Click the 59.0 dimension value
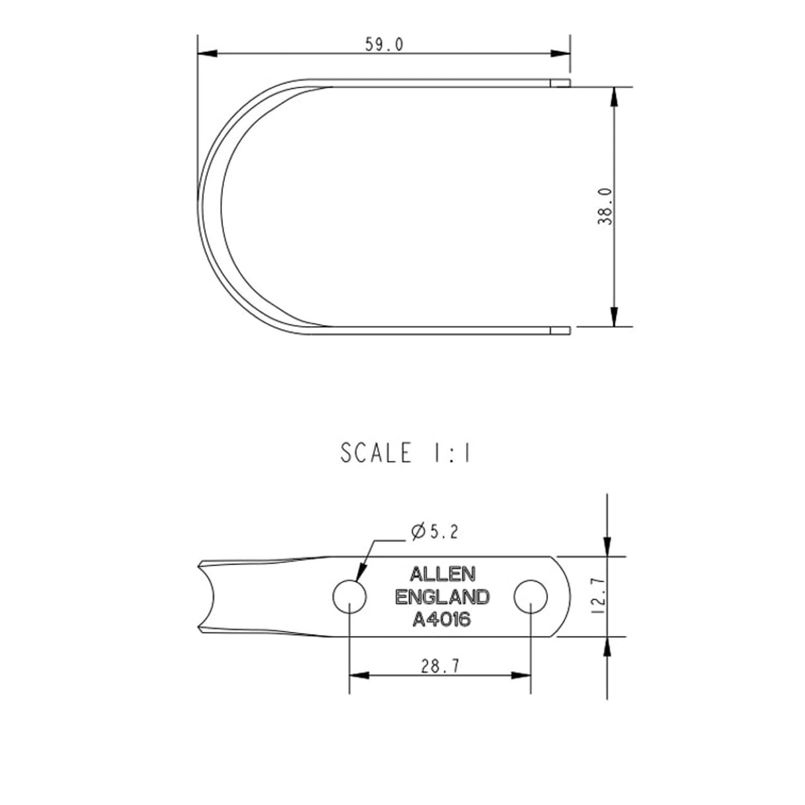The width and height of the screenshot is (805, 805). pyautogui.click(x=384, y=44)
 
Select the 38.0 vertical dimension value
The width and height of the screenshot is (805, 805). pyautogui.click(x=605, y=206)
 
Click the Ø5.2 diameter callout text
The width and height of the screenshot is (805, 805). pyautogui.click(x=434, y=531)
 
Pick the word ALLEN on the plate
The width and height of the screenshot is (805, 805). pyautogui.click(x=442, y=573)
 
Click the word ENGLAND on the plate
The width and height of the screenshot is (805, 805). pyautogui.click(x=442, y=597)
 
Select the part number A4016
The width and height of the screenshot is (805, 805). pyautogui.click(x=442, y=620)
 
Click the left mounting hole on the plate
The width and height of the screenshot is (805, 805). pyautogui.click(x=349, y=596)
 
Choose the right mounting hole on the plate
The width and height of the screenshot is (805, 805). pyautogui.click(x=531, y=596)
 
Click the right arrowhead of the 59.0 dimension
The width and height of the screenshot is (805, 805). pyautogui.click(x=561, y=54)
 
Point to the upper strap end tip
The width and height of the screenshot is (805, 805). pyautogui.click(x=562, y=82)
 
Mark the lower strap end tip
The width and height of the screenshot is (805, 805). pyautogui.click(x=562, y=330)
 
